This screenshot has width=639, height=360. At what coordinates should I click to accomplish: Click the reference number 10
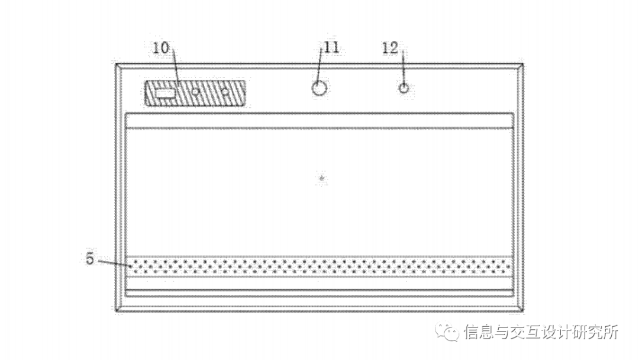[161, 49]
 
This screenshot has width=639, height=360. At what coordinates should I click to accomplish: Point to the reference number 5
[90, 258]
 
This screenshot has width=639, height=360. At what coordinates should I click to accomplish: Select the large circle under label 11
[319, 88]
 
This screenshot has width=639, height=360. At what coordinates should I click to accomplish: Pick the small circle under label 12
[404, 88]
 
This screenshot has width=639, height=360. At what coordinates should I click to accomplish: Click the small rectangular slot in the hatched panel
[165, 92]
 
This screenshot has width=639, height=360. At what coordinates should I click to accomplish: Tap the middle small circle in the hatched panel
[195, 92]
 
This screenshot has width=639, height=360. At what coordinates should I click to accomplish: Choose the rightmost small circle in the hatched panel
[225, 92]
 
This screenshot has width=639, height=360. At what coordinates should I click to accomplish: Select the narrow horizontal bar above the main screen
[319, 120]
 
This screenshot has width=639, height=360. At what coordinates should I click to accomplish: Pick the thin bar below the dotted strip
[319, 292]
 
